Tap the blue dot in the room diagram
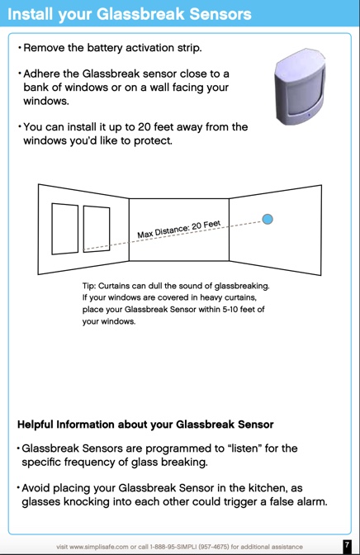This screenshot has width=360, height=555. [268, 219]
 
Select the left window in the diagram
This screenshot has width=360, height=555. [64, 228]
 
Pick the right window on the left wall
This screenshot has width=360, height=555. [96, 228]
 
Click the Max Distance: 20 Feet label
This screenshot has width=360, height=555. [179, 229]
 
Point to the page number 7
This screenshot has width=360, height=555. [347, 546]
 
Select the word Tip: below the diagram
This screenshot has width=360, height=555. [91, 286]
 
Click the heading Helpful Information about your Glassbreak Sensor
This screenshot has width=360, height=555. [145, 425]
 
